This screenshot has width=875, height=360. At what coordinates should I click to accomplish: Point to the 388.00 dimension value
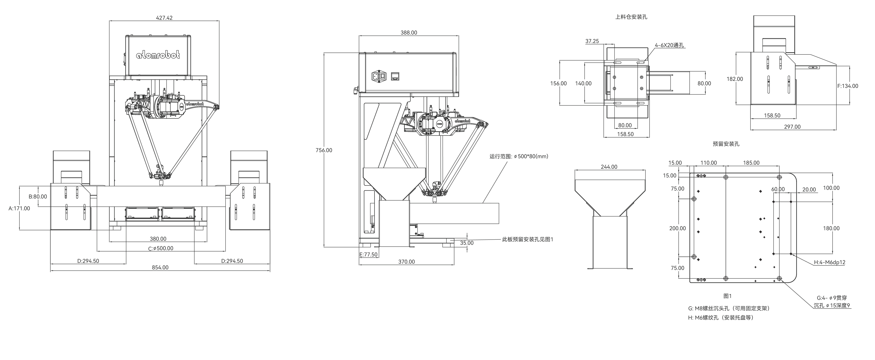click(409, 33)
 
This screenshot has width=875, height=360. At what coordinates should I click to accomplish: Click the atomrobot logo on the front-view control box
click(158, 55)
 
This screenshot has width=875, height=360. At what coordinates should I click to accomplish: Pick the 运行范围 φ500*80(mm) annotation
click(519, 157)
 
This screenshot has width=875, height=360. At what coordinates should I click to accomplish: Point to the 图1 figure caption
click(728, 296)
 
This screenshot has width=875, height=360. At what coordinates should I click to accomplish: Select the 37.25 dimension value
click(592, 41)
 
